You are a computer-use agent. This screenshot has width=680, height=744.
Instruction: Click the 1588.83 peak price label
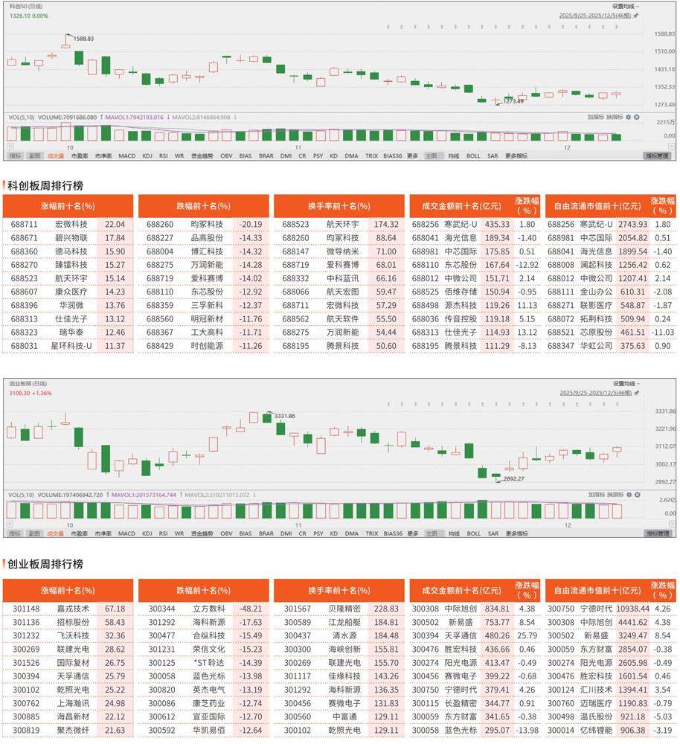(84, 38)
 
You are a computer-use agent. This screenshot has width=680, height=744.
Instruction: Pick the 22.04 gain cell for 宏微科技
(115, 224)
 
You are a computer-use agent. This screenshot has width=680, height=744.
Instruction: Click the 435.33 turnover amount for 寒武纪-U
(497, 224)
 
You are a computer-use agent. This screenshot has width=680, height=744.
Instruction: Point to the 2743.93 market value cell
(633, 224)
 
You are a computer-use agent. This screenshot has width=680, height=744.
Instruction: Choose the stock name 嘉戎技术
(73, 609)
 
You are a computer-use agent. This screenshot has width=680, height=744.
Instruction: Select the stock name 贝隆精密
(344, 609)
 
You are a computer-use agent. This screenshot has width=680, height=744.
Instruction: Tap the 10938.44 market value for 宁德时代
(631, 609)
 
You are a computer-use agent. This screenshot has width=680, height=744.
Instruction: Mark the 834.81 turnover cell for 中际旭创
(497, 609)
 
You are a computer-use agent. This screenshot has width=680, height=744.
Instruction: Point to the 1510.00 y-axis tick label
(664, 51)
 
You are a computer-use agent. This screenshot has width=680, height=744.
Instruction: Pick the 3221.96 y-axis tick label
(664, 429)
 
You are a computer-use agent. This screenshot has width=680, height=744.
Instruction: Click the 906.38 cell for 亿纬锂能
(633, 730)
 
